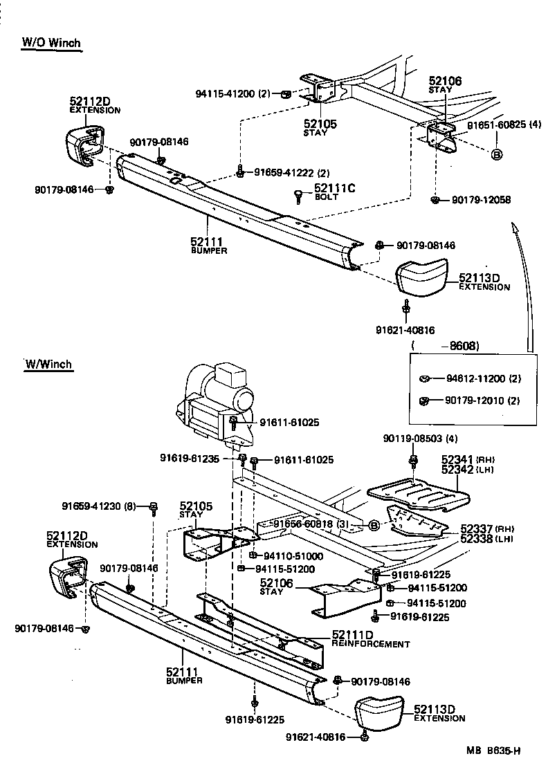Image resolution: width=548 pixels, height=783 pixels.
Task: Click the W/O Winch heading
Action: pos(51,43)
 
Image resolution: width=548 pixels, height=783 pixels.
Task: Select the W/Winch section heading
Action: pos(48,364)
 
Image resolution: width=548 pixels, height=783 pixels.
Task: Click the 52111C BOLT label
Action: pos(334,191)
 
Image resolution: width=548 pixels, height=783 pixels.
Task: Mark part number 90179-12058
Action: pos(481,200)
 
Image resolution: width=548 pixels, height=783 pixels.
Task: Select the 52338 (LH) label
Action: pos(468,538)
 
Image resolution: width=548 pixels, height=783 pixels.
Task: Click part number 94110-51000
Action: pos(289,555)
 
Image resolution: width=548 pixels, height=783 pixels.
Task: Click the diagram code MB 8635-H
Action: pos(493,749)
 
